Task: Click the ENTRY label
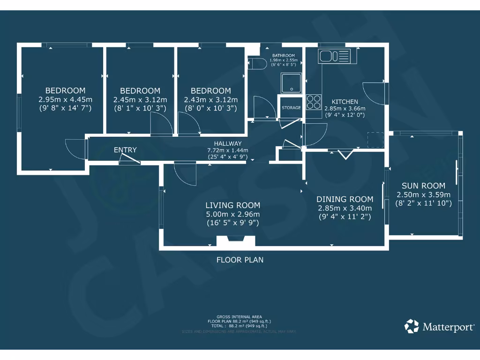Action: (125, 150)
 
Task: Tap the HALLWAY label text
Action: (227, 143)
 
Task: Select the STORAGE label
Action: (291, 108)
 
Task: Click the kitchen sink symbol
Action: (334, 56)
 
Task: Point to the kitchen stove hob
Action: (314, 102)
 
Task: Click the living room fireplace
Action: (236, 241)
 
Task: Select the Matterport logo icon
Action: (412, 326)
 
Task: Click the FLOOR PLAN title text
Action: (240, 260)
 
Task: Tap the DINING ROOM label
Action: (345, 199)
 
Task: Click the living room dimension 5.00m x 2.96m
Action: (233, 214)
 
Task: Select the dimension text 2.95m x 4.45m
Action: (65, 99)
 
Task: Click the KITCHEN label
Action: (345, 102)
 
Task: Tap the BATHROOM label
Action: (284, 56)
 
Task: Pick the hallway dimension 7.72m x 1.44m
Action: (227, 150)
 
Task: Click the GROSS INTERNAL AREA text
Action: (240, 317)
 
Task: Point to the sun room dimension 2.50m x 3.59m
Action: (423, 195)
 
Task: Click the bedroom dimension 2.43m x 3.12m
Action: (210, 99)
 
